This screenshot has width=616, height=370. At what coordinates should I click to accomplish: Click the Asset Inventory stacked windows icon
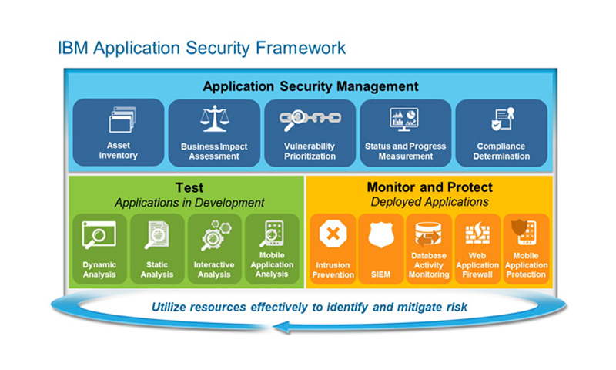(122, 119)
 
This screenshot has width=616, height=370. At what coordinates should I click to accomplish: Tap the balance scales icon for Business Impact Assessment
(214, 119)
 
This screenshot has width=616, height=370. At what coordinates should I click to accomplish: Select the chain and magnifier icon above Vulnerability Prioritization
(310, 119)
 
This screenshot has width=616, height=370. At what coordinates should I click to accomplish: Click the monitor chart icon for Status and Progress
(403, 119)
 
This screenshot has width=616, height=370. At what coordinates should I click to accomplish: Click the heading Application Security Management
(311, 86)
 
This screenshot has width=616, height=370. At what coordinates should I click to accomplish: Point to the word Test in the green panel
(189, 187)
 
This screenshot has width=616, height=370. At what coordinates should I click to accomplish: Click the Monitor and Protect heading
(430, 187)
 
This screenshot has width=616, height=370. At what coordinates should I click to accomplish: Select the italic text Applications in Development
(189, 203)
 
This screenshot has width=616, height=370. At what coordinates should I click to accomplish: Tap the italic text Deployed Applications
(430, 202)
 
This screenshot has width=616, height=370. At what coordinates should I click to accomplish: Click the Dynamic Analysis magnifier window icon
(99, 235)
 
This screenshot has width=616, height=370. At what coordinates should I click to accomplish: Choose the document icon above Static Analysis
(157, 235)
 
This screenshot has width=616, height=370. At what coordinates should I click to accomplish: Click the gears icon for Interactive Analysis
(216, 235)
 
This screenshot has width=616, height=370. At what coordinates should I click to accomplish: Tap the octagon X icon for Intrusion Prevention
(333, 234)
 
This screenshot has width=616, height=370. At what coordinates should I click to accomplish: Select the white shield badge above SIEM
(380, 234)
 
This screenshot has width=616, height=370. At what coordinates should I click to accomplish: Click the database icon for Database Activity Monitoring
(428, 234)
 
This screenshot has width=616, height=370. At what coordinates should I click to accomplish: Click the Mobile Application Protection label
(526, 265)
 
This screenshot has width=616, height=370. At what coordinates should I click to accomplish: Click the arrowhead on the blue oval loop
(281, 327)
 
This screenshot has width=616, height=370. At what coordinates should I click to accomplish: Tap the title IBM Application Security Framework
(202, 48)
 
